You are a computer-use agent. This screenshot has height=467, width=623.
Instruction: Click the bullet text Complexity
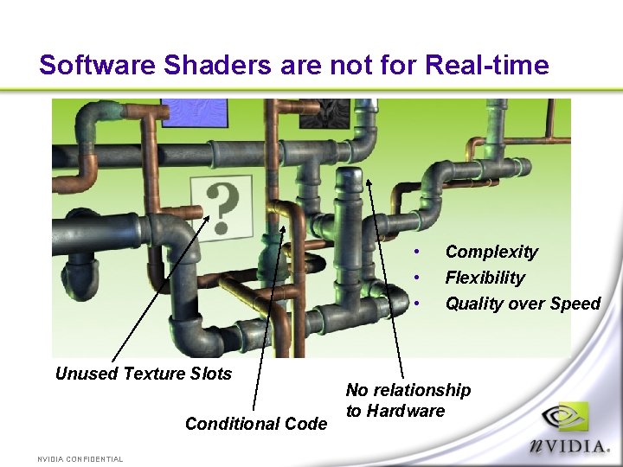tap(491, 252)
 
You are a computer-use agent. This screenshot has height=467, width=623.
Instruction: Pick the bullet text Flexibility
tap(485, 278)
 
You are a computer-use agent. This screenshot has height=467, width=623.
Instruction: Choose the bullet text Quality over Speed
tap(522, 304)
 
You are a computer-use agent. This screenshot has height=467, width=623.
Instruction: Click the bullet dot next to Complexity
tap(417, 252)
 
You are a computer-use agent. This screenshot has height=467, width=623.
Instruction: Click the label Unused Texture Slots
tap(144, 374)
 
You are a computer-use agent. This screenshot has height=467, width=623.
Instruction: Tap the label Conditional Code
tap(256, 424)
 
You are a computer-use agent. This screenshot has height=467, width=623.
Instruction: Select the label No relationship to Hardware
tap(408, 400)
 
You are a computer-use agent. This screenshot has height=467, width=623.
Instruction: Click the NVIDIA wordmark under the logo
tap(568, 447)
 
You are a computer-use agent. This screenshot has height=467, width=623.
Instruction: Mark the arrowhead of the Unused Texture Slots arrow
tap(209, 216)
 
